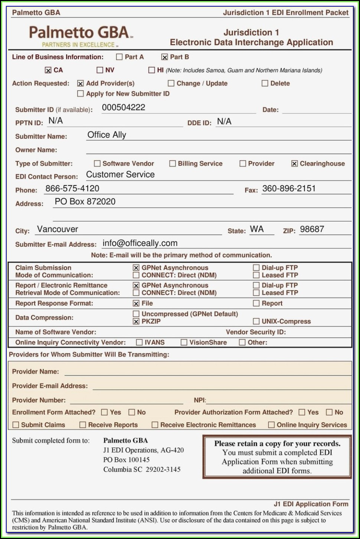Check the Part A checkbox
tap(119, 57)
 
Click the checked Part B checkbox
tap(164, 57)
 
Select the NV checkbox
tap(99, 70)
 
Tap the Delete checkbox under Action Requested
tap(265, 83)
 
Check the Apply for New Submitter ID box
tap(80, 94)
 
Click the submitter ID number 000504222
tap(124, 108)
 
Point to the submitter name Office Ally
tap(107, 135)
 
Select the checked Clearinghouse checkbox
tap(294, 164)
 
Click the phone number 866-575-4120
tap(72, 188)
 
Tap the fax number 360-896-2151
tap(289, 188)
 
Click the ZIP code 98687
tap(312, 229)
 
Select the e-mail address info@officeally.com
tap(140, 243)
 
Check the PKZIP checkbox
tap(136, 322)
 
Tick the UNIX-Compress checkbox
tap(256, 322)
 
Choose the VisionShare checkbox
tap(184, 342)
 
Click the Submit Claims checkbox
tap(16, 425)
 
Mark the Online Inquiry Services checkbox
tap(271, 425)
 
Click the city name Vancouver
tap(58, 229)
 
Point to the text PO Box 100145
tap(126, 460)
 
